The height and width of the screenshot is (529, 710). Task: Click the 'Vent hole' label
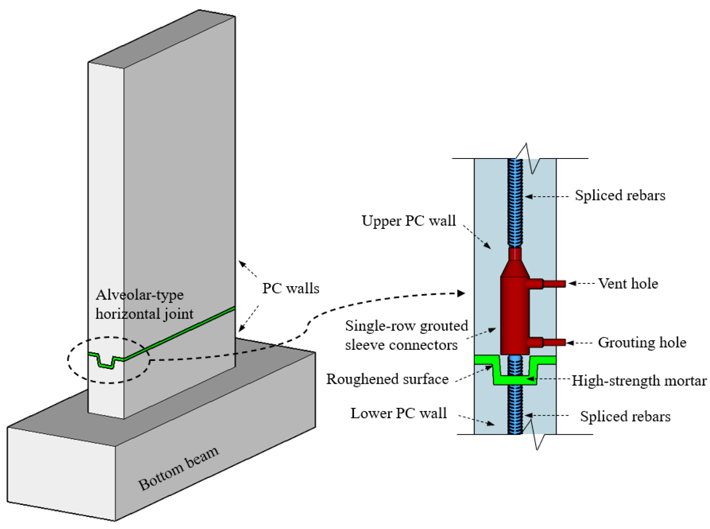tap(628, 284)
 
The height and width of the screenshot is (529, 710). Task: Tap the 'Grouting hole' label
tap(642, 343)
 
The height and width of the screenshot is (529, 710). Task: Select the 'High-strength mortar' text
tap(639, 381)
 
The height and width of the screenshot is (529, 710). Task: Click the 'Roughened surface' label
tap(387, 379)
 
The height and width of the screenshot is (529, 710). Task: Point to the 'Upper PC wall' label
tap(408, 221)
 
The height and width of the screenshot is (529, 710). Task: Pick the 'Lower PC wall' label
tap(399, 413)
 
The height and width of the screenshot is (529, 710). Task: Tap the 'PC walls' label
tap(290, 288)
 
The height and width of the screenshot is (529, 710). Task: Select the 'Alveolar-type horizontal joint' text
tap(144, 304)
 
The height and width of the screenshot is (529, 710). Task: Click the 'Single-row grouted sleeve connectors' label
tap(406, 335)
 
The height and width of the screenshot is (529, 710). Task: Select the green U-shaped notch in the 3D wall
tap(106, 362)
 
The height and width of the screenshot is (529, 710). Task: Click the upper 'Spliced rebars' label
tap(620, 196)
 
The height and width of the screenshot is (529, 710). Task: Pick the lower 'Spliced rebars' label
tap(625, 416)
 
